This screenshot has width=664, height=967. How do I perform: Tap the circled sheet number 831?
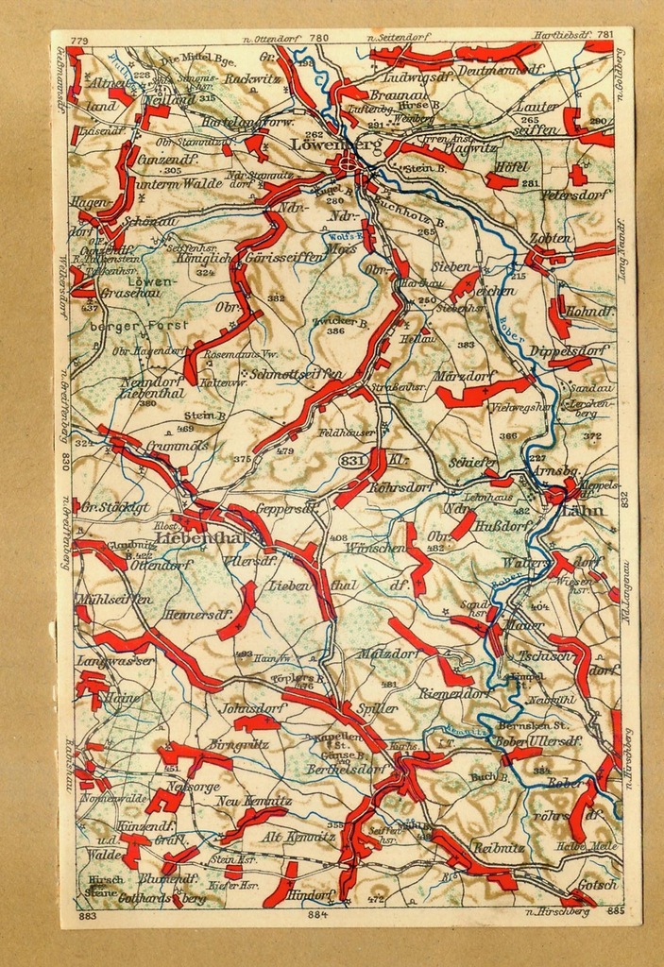(x=349, y=459)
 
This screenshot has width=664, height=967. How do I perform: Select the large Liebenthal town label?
(x=199, y=537)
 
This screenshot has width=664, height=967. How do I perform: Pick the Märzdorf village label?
(x=464, y=376)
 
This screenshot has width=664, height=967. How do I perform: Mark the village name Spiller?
(x=377, y=707)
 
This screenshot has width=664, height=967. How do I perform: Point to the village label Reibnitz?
(x=498, y=847)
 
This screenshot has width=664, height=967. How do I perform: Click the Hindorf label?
(x=311, y=893)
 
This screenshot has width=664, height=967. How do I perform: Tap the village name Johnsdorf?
(x=253, y=707)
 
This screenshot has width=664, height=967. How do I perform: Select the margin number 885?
(x=616, y=911)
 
